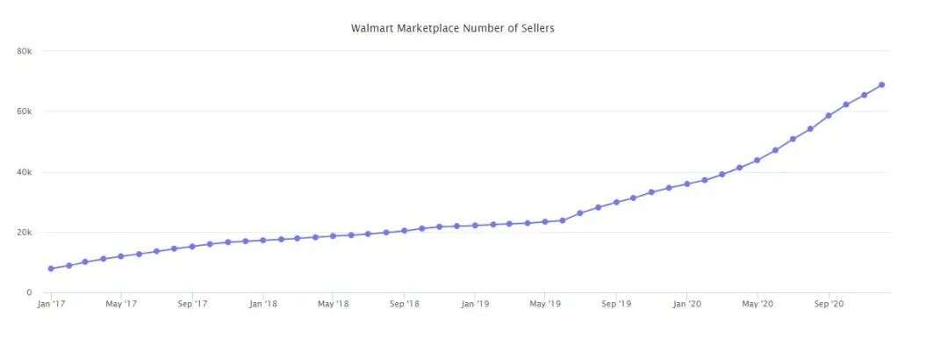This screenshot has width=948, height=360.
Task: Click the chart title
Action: (x=452, y=28)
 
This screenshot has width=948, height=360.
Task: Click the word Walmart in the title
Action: (x=372, y=28)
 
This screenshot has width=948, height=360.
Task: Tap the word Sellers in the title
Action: (x=535, y=28)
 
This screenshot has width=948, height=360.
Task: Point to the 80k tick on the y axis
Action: (x=25, y=51)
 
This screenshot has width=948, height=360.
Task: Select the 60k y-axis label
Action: (x=25, y=112)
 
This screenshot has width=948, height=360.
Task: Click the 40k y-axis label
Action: (x=25, y=172)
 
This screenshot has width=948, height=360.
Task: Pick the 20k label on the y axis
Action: (x=25, y=233)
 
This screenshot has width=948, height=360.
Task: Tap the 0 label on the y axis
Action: (x=29, y=292)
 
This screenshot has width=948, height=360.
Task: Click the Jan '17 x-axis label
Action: (x=50, y=304)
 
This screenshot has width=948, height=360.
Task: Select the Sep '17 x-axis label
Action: (x=191, y=304)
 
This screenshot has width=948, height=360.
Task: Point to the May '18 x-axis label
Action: (x=333, y=304)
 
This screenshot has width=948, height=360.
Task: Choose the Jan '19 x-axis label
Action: (x=475, y=304)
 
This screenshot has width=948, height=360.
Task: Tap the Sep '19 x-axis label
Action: (x=616, y=304)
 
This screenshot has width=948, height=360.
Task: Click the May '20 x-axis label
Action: (x=758, y=304)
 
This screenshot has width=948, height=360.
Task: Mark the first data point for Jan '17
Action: (x=50, y=269)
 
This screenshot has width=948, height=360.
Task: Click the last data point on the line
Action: (x=881, y=85)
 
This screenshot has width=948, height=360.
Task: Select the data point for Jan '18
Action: (x=262, y=240)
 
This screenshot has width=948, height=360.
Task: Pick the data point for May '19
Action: (x=545, y=221)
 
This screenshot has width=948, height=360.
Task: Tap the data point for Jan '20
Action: (x=686, y=184)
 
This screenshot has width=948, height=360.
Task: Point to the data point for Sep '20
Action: (x=828, y=115)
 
